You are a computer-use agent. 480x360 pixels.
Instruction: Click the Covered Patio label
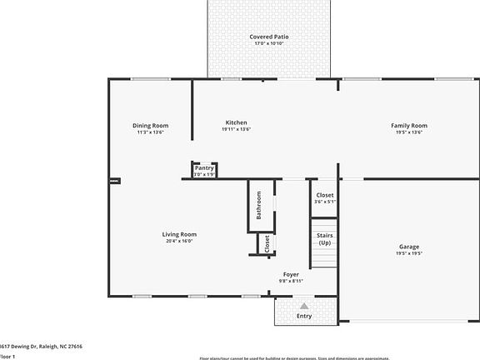268,37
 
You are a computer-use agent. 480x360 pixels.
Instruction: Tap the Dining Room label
150,126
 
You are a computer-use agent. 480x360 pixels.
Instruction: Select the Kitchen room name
237,123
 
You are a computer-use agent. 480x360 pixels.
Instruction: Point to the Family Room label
408,126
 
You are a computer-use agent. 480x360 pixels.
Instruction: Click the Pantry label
204,168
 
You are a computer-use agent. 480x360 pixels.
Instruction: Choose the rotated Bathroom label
259,205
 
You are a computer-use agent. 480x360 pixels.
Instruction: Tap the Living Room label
178,234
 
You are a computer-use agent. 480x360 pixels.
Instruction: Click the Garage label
408,247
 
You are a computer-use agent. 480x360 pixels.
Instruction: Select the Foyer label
291,274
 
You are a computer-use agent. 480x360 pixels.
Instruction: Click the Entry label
304,316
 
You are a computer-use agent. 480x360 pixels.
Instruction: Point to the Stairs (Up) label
324,239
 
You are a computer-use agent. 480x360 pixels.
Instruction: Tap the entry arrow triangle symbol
304,306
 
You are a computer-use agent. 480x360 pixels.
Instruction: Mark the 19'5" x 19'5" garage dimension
408,254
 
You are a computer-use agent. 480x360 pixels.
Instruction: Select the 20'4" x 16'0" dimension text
178,242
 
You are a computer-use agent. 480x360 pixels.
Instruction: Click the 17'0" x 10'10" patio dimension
268,44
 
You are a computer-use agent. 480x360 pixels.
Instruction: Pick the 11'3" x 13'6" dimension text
150,132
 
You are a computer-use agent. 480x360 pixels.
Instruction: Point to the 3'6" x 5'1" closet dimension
325,202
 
